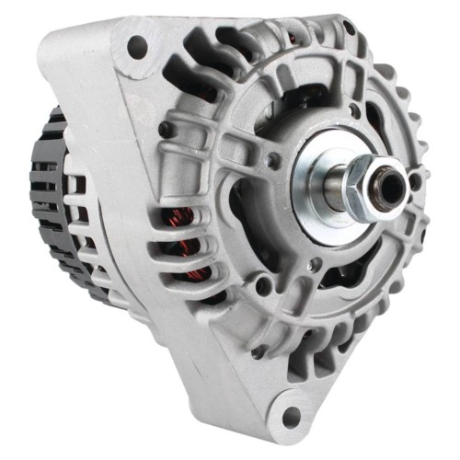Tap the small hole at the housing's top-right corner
pyautogui.click(x=349, y=29)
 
